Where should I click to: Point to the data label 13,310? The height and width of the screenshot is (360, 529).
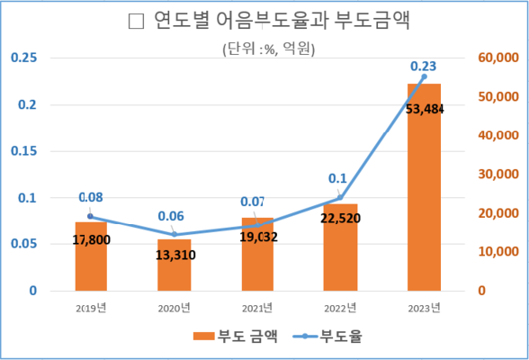(x=174, y=255)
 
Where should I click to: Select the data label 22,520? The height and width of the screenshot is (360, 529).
(x=339, y=217)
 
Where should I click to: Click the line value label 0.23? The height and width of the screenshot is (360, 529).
(x=423, y=67)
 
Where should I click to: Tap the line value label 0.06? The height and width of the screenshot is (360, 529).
(x=173, y=216)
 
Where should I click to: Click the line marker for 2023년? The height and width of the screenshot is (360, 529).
(x=424, y=76)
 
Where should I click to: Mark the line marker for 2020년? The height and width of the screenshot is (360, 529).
(x=174, y=235)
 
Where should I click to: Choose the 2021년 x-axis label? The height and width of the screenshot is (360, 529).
(x=257, y=309)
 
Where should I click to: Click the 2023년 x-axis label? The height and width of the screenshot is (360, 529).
(x=424, y=309)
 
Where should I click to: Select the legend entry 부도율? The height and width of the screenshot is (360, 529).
(x=330, y=336)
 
